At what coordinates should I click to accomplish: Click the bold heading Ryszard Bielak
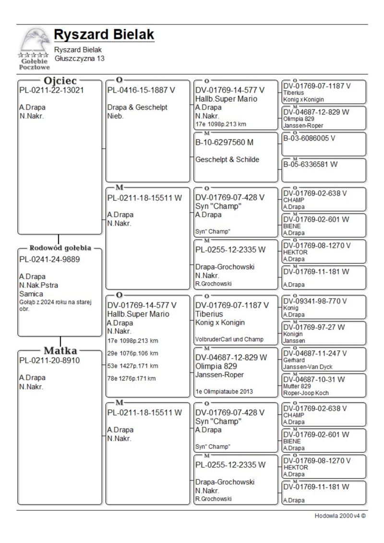coord(104,35)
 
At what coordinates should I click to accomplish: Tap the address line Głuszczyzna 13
coord(79,59)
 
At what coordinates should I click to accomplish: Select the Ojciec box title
coord(60,81)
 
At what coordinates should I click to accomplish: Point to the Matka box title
coord(60,350)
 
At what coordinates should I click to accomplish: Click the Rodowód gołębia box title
coord(60,248)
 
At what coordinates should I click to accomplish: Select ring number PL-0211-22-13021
coord(51,90)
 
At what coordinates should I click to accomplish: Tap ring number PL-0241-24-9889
coord(49,260)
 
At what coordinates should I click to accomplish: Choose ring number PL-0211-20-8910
coord(49,360)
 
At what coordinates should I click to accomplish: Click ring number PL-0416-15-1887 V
coord(141,90)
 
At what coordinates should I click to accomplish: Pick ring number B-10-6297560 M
coord(225,142)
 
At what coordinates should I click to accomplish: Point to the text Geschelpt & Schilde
coord(227,160)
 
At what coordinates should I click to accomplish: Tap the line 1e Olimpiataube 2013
coord(224,391)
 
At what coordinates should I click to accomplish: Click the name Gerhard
coord(293,360)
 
